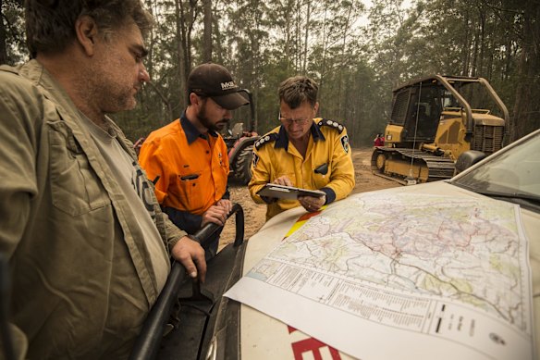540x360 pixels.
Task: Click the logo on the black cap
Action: point(227,85)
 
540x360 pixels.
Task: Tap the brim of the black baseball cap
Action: point(233,99)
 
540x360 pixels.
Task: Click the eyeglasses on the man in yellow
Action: point(296,118)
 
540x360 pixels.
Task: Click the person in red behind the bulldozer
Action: point(378,141)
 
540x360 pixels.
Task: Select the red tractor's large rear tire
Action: point(242,160)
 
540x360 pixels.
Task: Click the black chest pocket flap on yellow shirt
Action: point(321,169)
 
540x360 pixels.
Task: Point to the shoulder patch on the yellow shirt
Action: point(345,143)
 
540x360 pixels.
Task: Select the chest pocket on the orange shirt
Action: point(190,181)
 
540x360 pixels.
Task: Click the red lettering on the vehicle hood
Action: point(314,348)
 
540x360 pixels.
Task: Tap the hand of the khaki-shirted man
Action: point(190,254)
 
